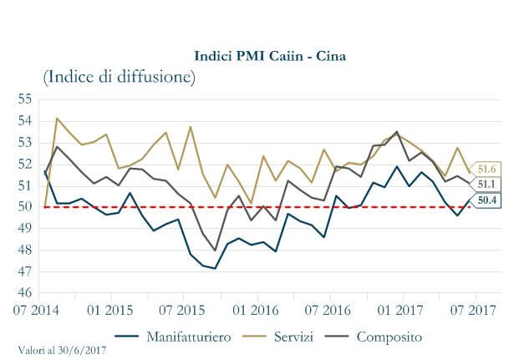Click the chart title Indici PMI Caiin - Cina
pyautogui.click(x=270, y=56)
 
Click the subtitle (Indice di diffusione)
pyautogui.click(x=119, y=78)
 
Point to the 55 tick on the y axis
pyautogui.click(x=23, y=99)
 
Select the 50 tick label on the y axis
pyautogui.click(x=23, y=206)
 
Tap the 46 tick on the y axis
pyautogui.click(x=23, y=293)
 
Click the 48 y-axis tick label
pyautogui.click(x=23, y=250)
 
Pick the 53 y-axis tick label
pyautogui.click(x=23, y=142)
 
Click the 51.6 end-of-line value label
pyautogui.click(x=487, y=168)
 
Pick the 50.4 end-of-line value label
pyautogui.click(x=487, y=200)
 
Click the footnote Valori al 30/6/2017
pyautogui.click(x=63, y=350)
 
